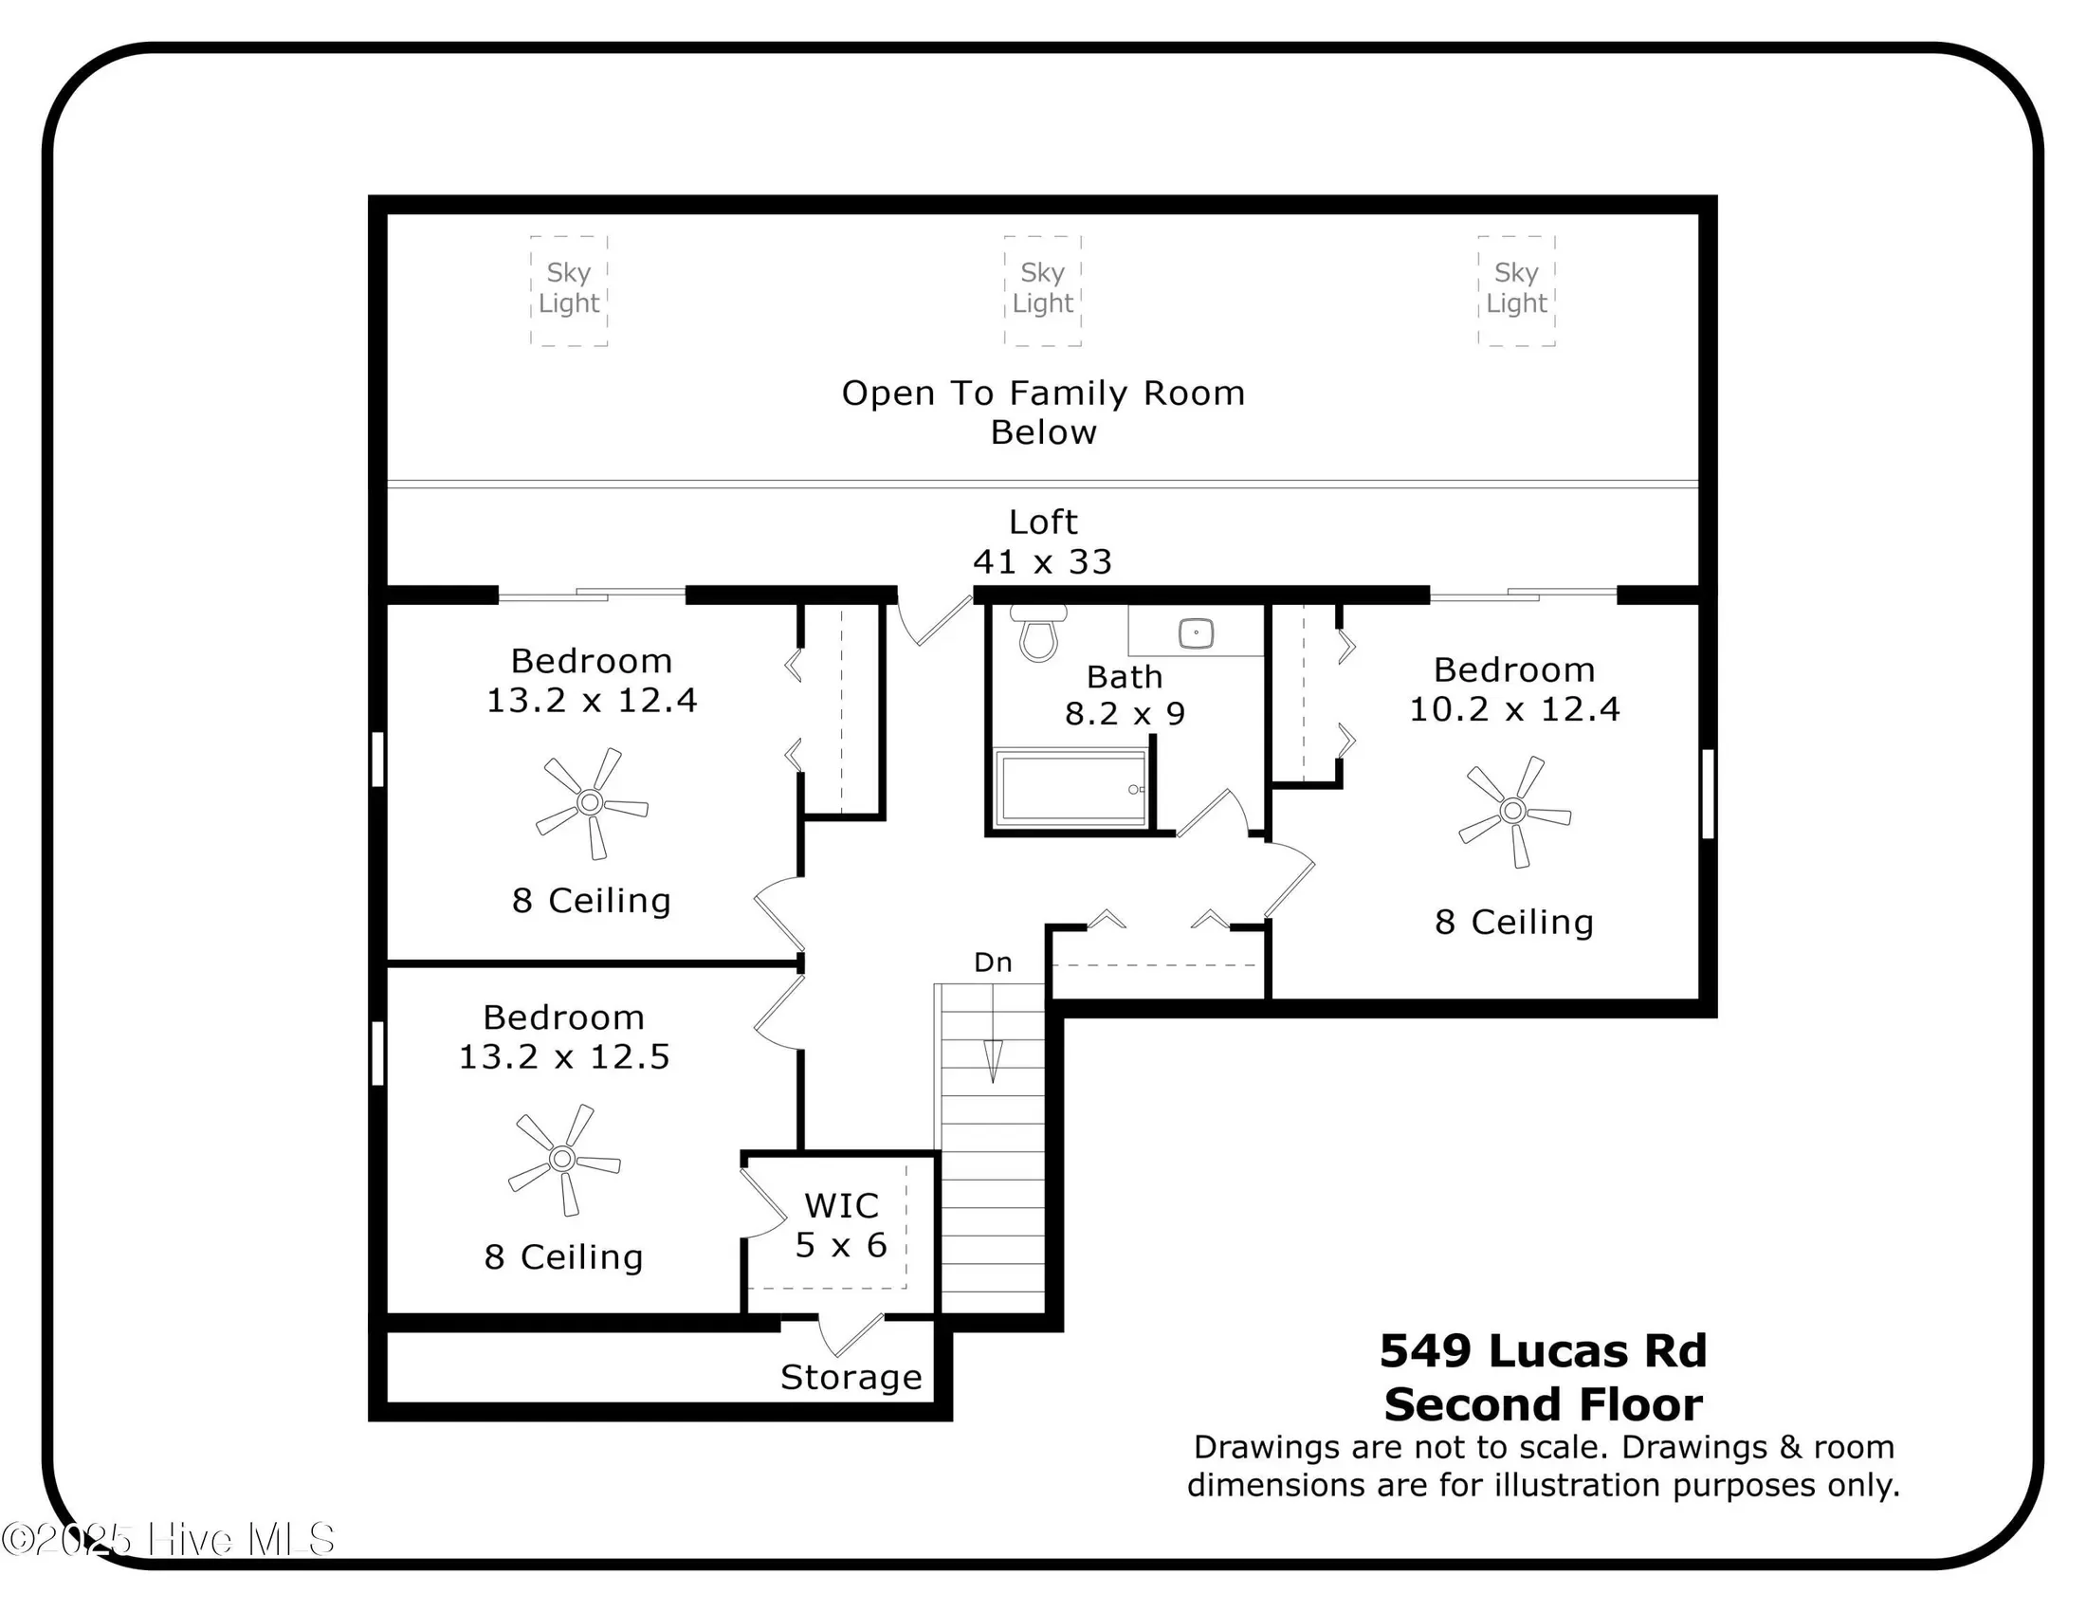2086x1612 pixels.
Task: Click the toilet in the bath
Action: click(1038, 632)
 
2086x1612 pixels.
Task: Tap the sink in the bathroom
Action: click(1196, 632)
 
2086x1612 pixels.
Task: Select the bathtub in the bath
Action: click(1070, 788)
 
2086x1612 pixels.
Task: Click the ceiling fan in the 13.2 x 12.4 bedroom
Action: click(592, 803)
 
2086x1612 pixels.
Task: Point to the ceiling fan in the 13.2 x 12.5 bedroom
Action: click(563, 1160)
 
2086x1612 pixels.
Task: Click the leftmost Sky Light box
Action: click(569, 290)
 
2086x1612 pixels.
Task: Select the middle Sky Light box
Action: click(1043, 290)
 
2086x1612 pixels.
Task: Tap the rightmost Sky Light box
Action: click(1517, 290)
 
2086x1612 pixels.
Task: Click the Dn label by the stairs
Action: click(994, 962)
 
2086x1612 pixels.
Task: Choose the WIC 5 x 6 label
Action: click(841, 1225)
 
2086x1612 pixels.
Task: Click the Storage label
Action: click(851, 1377)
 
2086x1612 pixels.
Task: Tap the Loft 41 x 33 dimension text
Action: click(1043, 541)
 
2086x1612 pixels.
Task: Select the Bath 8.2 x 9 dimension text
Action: click(1125, 695)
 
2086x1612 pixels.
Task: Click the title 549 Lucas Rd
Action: click(1543, 1350)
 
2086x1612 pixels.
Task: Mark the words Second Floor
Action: click(1544, 1403)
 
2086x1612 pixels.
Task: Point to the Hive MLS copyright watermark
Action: click(168, 1538)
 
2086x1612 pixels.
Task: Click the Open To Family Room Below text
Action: click(1043, 412)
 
